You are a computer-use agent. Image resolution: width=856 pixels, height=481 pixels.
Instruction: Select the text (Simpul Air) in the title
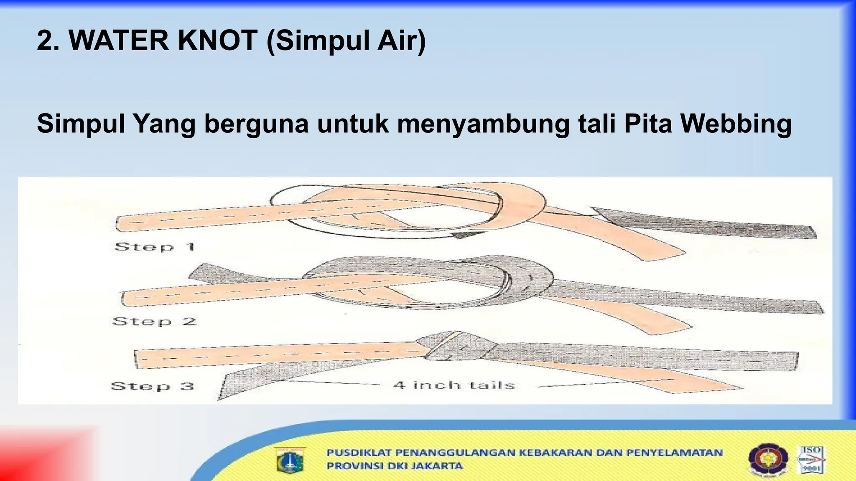coord(346,41)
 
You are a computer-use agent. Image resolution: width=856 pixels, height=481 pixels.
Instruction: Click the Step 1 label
coord(155,247)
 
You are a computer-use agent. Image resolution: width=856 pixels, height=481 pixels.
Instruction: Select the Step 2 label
coord(154,322)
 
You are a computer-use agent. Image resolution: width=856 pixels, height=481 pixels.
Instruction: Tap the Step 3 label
coord(153,386)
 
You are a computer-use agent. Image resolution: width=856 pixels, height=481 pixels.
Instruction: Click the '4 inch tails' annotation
coord(454,385)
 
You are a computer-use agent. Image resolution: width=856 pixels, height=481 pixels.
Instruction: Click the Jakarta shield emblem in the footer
coord(290,460)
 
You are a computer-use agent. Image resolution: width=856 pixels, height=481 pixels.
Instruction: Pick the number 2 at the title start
coord(45,41)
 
